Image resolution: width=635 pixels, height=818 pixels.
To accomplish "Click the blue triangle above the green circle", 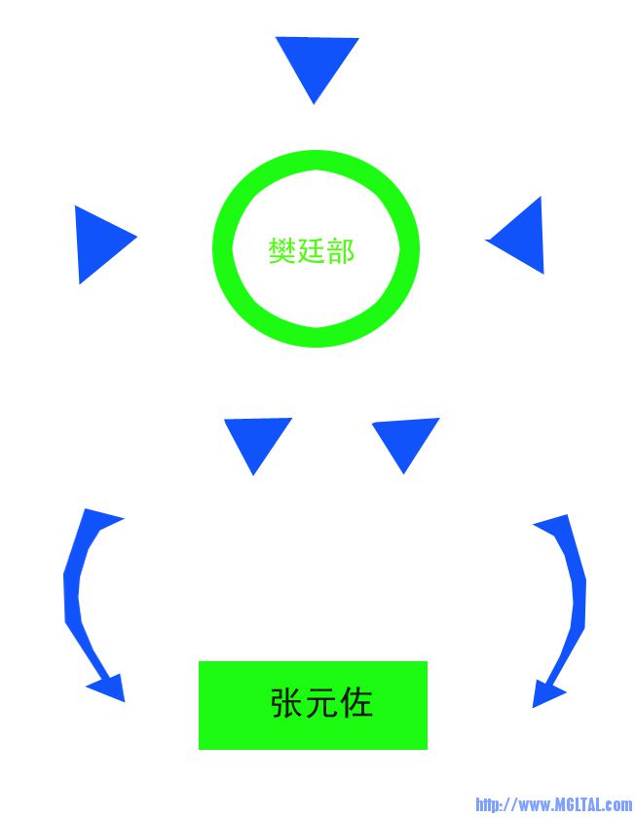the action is click(317, 61).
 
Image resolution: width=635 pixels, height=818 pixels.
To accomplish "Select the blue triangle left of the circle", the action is click(99, 242).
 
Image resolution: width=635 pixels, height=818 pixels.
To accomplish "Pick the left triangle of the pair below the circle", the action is click(256, 438).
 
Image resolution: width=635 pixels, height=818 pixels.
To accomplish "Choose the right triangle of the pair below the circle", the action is click(405, 437).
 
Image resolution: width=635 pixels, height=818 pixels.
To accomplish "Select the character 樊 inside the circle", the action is click(282, 250).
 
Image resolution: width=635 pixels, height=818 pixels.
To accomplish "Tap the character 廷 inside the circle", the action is click(311, 250).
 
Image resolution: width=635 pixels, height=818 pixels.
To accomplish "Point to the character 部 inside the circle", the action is click(340, 250).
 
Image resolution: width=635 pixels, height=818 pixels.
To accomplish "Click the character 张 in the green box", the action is click(287, 702).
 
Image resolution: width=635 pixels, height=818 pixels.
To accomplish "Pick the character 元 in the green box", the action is click(322, 702).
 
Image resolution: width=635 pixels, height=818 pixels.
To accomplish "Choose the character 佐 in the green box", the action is click(356, 702).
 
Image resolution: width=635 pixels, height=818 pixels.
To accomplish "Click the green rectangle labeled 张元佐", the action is click(313, 705).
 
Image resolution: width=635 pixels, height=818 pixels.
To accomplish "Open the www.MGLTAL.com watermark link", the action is click(553, 804).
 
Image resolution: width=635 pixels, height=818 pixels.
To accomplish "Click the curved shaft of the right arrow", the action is click(579, 600).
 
